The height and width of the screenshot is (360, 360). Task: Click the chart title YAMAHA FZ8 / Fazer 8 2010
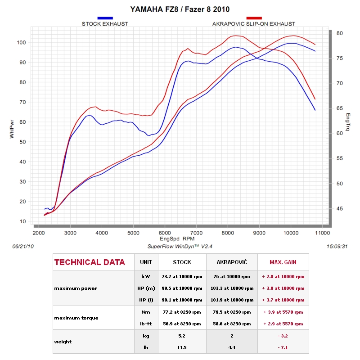180,9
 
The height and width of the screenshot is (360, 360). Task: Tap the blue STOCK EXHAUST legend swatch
105,18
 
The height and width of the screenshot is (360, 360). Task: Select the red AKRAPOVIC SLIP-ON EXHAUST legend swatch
254,18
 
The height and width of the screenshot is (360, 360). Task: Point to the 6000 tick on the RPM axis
165,233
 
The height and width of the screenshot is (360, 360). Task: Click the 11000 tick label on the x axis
322,233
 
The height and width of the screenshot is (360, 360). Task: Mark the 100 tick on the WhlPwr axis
21,42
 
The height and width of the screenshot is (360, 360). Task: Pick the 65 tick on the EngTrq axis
340,108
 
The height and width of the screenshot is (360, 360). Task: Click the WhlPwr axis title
12,129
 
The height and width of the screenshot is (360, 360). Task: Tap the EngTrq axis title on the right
348,121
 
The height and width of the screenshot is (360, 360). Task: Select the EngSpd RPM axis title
177,239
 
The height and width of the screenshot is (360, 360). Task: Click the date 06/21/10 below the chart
23,247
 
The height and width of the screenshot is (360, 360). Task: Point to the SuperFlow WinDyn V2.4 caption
180,247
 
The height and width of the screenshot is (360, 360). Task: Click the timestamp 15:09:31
337,247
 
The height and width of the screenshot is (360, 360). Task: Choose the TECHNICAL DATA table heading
90,262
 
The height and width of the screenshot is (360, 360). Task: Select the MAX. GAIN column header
283,262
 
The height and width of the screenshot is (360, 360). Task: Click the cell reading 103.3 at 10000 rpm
232,288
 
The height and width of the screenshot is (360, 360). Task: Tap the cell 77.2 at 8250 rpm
182,312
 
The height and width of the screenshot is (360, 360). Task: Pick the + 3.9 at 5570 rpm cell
283,312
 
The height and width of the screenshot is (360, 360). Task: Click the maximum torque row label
76,318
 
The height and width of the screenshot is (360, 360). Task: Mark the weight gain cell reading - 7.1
283,347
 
